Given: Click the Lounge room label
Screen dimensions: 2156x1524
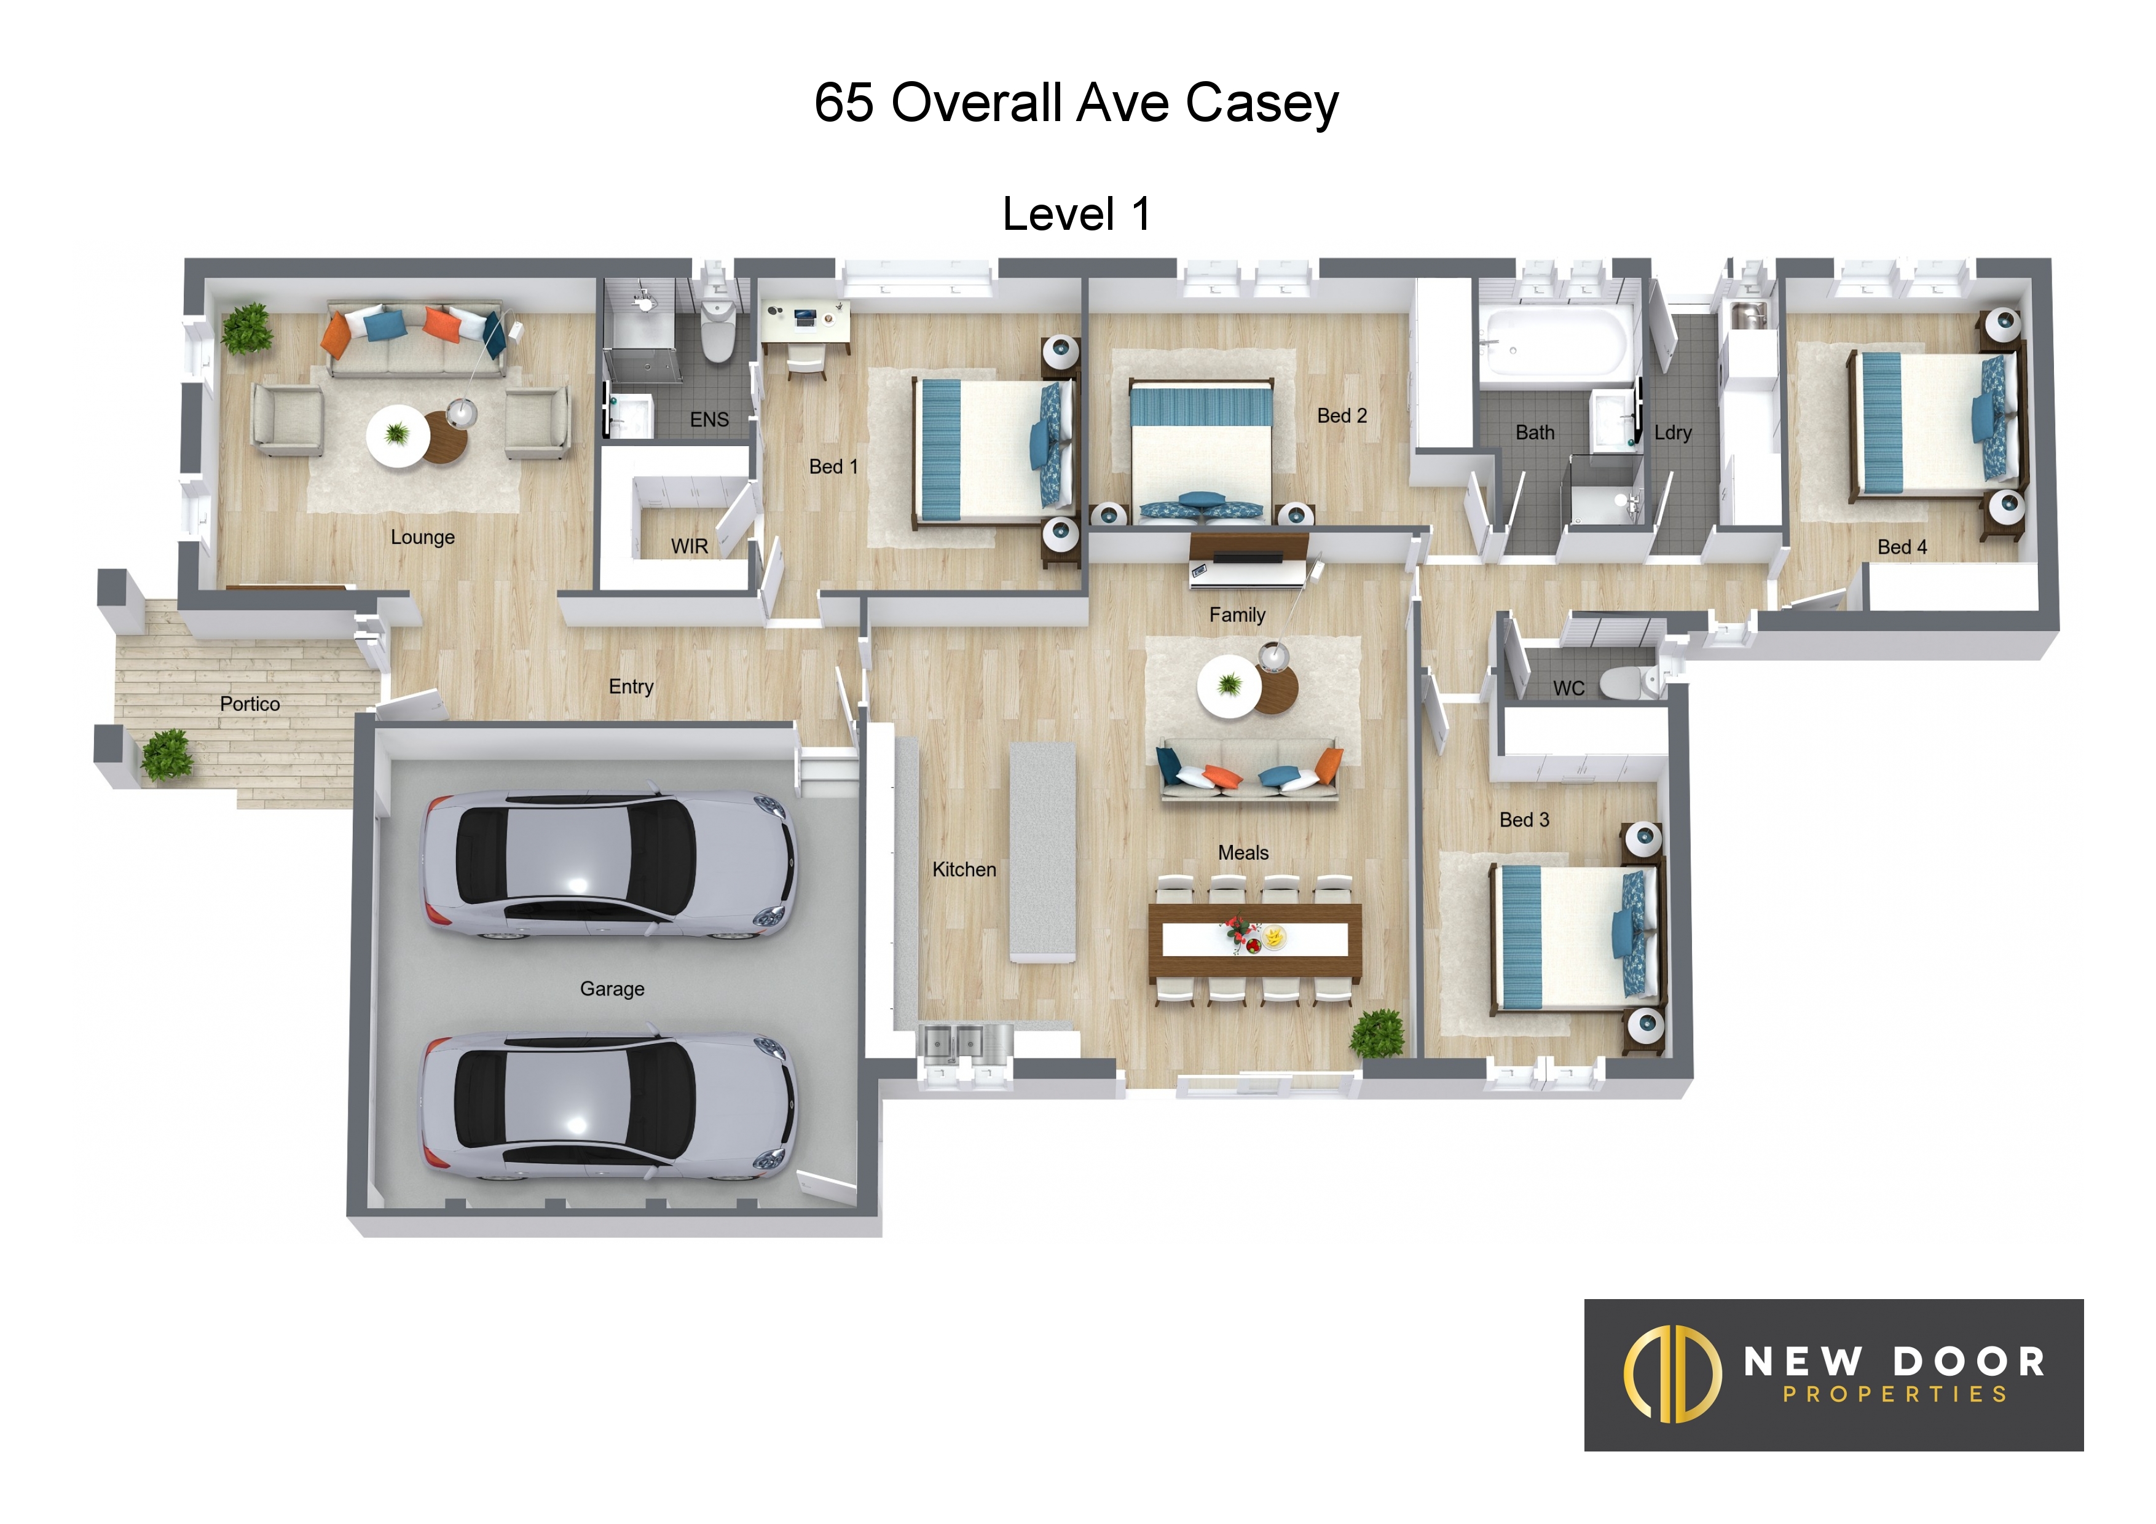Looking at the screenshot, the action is (x=423, y=537).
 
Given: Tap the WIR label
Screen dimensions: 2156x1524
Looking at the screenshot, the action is (x=689, y=546).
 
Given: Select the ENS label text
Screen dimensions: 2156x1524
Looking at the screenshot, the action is (x=709, y=420).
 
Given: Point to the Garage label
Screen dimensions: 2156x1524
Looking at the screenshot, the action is (x=612, y=989).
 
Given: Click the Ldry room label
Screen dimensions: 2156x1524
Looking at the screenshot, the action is (x=1672, y=433).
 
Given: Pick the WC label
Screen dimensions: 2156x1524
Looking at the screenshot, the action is (x=1568, y=688).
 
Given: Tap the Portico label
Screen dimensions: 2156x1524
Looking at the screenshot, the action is (x=250, y=704).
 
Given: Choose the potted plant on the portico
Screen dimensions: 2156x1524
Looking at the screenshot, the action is (x=167, y=755).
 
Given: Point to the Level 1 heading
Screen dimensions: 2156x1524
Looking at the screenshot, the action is (x=1076, y=214).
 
